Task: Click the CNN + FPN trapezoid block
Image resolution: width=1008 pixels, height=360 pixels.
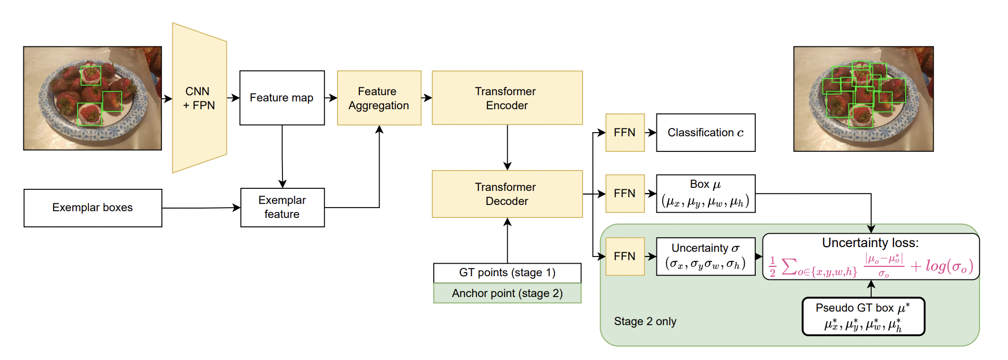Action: pyautogui.click(x=200, y=98)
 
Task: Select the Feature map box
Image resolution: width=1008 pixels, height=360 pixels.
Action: pyautogui.click(x=282, y=98)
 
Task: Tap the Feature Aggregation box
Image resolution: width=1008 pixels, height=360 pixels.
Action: pyautogui.click(x=379, y=98)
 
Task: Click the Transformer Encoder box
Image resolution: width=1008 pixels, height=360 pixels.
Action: pyautogui.click(x=507, y=98)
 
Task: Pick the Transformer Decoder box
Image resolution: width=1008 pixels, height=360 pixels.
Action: pyautogui.click(x=507, y=194)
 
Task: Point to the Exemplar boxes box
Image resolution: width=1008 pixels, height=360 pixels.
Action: pyautogui.click(x=93, y=208)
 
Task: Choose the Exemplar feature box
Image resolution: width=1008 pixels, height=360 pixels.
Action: pyautogui.click(x=282, y=208)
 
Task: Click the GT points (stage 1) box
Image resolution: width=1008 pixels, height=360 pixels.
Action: pyautogui.click(x=507, y=273)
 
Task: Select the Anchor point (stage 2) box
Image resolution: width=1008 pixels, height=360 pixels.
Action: pyautogui.click(x=507, y=293)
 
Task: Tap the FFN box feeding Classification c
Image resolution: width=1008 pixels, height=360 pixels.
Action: pyautogui.click(x=625, y=133)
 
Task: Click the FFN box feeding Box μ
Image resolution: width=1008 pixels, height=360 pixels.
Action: pyautogui.click(x=625, y=194)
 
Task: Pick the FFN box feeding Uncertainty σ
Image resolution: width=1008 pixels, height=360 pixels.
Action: pyautogui.click(x=625, y=256)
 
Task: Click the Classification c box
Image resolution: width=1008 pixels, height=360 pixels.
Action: pyautogui.click(x=706, y=133)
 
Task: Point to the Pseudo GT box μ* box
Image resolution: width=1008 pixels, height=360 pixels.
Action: pyautogui.click(x=863, y=316)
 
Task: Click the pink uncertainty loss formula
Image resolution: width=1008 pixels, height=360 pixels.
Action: pyautogui.click(x=871, y=266)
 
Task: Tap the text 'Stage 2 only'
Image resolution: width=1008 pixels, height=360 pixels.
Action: pyautogui.click(x=645, y=322)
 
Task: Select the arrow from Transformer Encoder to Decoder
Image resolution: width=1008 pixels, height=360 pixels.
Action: pyautogui.click(x=507, y=147)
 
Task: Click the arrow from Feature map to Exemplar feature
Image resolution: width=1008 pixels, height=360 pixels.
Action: pyautogui.click(x=282, y=157)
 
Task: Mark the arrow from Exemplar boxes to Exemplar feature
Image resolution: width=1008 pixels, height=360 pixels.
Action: pyautogui.click(x=201, y=208)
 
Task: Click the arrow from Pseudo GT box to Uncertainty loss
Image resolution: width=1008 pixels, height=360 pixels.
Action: pyautogui.click(x=871, y=289)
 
